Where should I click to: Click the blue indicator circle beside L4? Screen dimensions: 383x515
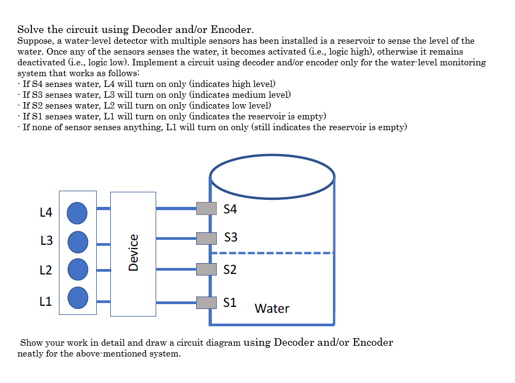point(77,212)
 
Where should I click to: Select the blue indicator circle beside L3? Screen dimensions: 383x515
point(77,241)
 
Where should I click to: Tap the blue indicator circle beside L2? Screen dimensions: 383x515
point(77,269)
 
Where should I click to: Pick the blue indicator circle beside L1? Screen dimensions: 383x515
point(77,297)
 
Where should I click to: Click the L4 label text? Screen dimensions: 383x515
point(46,213)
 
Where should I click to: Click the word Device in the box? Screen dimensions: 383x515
point(133,252)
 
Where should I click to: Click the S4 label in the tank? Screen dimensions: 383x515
point(230,209)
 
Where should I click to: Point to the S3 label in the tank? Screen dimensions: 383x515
point(231,238)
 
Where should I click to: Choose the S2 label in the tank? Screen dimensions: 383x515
point(230,269)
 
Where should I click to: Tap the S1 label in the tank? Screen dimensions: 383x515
point(230,303)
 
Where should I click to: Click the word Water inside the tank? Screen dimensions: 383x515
point(272,308)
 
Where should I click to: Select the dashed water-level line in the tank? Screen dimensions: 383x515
point(272,252)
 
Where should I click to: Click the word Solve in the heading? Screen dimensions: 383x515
point(30,29)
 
